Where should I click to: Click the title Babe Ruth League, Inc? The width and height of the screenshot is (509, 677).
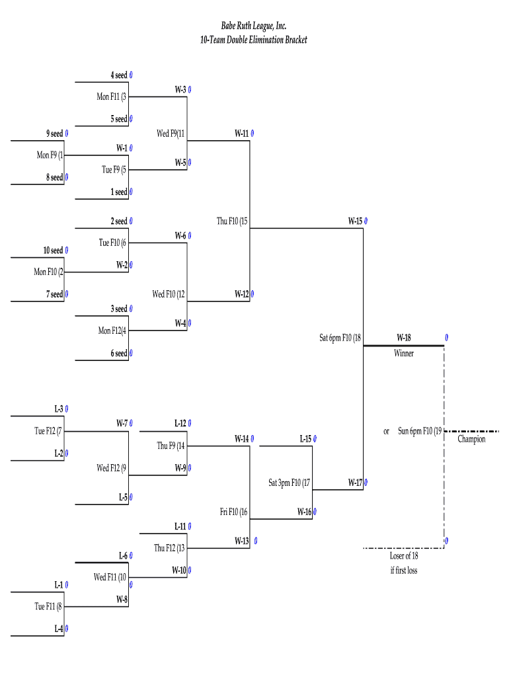pos(254,26)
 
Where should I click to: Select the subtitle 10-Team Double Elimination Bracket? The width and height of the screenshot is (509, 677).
pos(254,40)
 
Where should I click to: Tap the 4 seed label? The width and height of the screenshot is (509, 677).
pos(119,75)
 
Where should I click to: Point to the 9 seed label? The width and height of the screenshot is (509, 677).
pos(55,134)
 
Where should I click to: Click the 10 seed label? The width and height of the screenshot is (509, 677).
pos(53,251)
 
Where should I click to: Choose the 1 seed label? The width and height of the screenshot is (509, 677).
pos(119,192)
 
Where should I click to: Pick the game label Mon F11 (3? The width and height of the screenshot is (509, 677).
pos(112,97)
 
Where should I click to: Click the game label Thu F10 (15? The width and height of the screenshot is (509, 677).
pos(232,221)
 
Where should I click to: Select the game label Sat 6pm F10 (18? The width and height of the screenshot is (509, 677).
pos(340,338)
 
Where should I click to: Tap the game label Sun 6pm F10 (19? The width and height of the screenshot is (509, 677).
pos(420,431)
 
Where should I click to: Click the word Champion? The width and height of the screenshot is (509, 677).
pos(471,439)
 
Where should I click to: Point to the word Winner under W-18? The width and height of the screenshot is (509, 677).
pos(404,353)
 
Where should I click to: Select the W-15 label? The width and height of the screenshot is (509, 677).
pos(356,221)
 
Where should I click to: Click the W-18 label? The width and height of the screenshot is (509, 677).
pos(404,338)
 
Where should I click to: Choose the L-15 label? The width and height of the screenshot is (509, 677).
pos(305,438)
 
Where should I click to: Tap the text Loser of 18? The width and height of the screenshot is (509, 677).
pos(404,556)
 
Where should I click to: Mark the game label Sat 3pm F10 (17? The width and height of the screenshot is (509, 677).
pos(290,483)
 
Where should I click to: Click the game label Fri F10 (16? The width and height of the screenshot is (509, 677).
pos(234,512)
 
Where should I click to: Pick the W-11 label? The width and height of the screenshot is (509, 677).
pos(242,133)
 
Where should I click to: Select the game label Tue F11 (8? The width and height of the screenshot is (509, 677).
pos(49,606)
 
